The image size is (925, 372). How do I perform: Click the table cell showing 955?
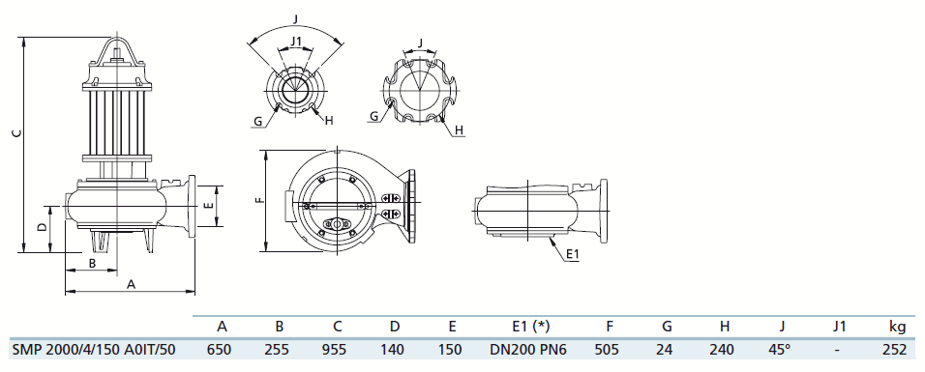pyautogui.click(x=338, y=350)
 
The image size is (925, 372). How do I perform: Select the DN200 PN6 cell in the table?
pyautogui.click(x=528, y=350)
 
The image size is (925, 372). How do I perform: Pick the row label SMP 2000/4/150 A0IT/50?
pyautogui.click(x=94, y=350)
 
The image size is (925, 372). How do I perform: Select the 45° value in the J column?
pyautogui.click(x=779, y=350)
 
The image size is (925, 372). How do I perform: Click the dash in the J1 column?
pyautogui.click(x=837, y=350)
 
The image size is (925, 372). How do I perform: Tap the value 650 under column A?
pyautogui.click(x=220, y=350)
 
